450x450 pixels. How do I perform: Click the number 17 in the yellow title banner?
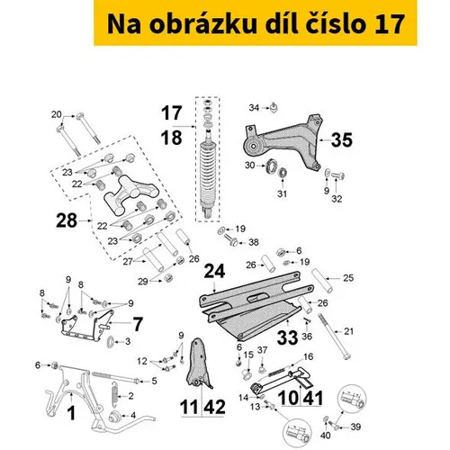[390, 24]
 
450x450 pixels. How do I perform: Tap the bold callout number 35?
[342, 140]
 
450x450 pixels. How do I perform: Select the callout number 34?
[254, 107]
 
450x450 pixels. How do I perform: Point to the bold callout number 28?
[67, 220]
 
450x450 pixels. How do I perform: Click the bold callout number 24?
[214, 271]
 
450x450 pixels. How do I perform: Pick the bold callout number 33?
[287, 337]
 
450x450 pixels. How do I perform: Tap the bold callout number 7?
[138, 324]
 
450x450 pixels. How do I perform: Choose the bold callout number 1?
[71, 413]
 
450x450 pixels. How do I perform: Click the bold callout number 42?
[214, 407]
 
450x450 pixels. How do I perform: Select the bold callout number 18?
[171, 138]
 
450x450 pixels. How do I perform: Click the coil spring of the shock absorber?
[207, 174]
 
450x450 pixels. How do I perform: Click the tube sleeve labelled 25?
[322, 281]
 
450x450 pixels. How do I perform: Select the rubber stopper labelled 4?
[114, 417]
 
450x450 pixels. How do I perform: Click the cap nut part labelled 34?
[274, 108]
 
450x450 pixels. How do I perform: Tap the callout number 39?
[355, 427]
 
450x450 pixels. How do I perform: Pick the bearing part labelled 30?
[271, 166]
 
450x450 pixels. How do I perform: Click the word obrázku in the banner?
[203, 24]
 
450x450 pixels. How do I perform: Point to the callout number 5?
[154, 381]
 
